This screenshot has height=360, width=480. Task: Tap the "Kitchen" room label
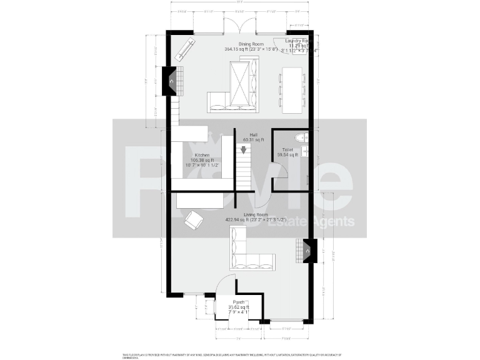pos(201,154)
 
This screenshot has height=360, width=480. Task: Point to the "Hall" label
pos(253,134)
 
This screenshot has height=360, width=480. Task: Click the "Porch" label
pos(238,301)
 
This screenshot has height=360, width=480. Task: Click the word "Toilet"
pos(287,150)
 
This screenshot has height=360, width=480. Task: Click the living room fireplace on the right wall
pos(306,251)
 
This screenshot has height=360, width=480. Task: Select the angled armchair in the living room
pos(194,220)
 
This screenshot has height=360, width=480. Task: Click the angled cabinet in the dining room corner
pos(185,50)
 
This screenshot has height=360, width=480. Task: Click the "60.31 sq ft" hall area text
pos(253,140)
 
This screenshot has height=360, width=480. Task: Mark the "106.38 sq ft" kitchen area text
pos(201,160)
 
